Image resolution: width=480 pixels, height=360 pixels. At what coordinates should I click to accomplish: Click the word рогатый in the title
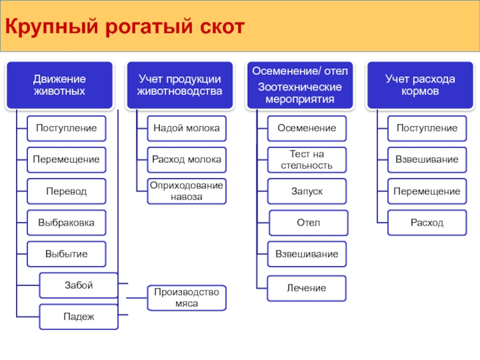[x=149, y=27]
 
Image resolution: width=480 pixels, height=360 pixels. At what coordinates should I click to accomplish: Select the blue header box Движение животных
[x=59, y=85]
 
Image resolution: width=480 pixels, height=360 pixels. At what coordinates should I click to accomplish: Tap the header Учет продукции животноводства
[x=179, y=85]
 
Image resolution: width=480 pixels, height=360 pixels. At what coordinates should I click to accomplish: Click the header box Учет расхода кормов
[x=421, y=85]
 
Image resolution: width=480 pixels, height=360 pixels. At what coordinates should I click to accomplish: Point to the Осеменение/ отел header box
[x=300, y=85]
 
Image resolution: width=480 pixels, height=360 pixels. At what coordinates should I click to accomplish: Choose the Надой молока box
[x=187, y=128]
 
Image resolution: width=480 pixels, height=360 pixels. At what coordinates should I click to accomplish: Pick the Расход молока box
[x=187, y=160]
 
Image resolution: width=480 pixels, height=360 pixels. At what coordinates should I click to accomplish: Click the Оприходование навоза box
[x=187, y=191]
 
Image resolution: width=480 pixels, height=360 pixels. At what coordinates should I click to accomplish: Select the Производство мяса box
[x=187, y=298]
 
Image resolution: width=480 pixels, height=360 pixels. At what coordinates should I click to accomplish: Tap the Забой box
[x=79, y=286]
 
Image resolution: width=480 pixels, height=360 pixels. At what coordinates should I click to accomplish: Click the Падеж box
[x=79, y=317]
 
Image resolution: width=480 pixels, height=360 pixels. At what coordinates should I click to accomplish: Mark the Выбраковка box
[x=67, y=223]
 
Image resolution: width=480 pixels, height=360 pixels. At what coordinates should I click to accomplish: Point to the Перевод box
[x=67, y=191]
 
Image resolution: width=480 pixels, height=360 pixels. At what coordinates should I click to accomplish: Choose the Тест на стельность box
[x=307, y=160]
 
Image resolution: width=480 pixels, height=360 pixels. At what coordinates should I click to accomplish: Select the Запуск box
[x=307, y=191]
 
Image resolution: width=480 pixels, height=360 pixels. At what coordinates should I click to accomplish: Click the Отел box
[x=308, y=223]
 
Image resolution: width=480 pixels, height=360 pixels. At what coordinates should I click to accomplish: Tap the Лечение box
[x=307, y=289]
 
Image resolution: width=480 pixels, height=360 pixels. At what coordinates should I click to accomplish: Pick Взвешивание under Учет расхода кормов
[x=427, y=160]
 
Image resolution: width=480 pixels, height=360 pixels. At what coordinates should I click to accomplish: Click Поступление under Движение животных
[x=67, y=128]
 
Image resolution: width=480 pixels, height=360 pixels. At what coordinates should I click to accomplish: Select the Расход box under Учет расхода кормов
[x=427, y=223]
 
